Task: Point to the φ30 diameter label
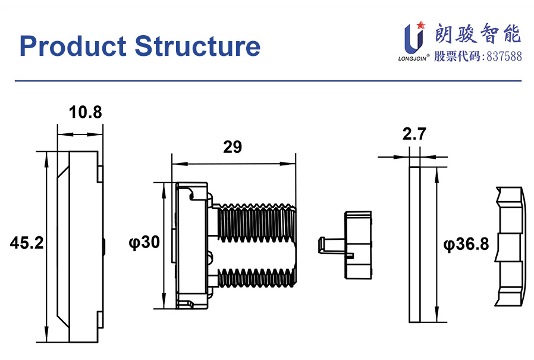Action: pyautogui.click(x=145, y=243)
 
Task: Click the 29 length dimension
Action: pyautogui.click(x=233, y=147)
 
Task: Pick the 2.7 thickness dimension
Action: pyautogui.click(x=414, y=135)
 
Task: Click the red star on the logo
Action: pyautogui.click(x=422, y=25)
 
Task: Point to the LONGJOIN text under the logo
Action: pyautogui.click(x=412, y=59)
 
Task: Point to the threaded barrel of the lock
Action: pyautogui.click(x=256, y=245)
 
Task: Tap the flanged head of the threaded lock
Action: pyautogui.click(x=191, y=245)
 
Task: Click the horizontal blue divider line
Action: pyautogui.click(x=267, y=80)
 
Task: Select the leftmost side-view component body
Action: pyautogui.click(x=83, y=246)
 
